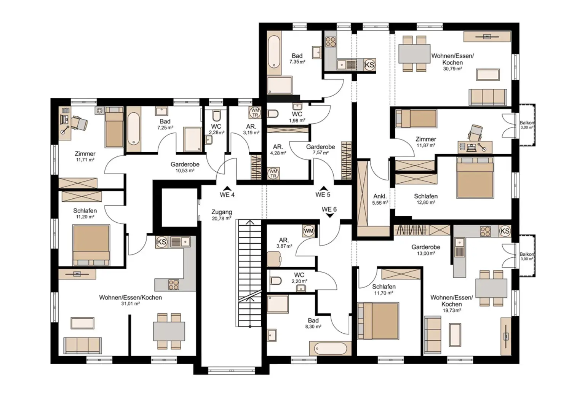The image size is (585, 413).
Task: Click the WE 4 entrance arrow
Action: point(227,188)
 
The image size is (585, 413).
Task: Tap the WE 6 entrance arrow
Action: point(330,216)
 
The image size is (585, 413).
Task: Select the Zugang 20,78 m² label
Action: point(222,215)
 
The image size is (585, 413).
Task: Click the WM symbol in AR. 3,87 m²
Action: point(309,231)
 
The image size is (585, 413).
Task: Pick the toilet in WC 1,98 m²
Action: point(273,114)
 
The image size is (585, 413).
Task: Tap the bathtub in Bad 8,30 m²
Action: point(330,348)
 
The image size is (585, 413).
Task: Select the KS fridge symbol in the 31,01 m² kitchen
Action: point(161,242)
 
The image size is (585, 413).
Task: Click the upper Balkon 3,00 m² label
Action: point(526,125)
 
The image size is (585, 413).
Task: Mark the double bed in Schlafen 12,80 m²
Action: point(475,177)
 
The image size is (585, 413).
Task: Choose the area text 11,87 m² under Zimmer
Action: point(426,145)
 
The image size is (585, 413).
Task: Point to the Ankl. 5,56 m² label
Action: point(380,199)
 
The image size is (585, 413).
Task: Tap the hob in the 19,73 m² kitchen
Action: point(485,231)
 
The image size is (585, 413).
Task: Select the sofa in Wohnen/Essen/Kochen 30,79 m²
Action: point(488,97)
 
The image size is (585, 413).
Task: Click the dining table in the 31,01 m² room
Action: point(169,331)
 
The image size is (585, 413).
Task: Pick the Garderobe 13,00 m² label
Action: point(426,250)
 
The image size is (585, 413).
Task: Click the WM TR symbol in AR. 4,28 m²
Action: point(273,174)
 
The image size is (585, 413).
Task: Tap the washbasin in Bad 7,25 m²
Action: point(161,111)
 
